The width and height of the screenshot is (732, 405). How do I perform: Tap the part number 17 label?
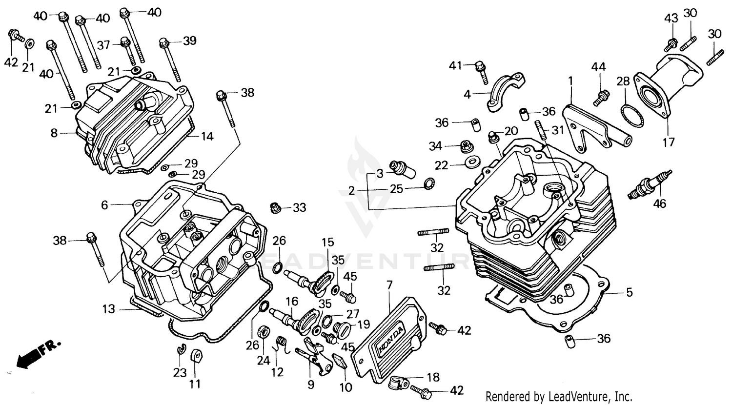point(668,142)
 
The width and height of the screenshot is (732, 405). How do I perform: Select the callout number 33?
point(299,208)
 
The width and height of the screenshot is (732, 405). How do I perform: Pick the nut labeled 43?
point(671,44)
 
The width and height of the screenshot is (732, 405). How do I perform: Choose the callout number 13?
point(108,309)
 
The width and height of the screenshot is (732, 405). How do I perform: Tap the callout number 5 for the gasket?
point(629,292)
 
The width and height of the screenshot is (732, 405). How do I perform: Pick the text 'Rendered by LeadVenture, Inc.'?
point(559,396)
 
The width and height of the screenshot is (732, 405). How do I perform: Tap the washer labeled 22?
point(471,162)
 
